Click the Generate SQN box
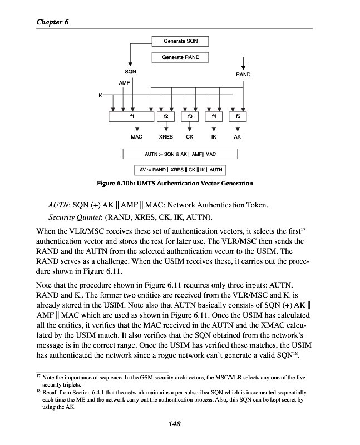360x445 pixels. [180, 41]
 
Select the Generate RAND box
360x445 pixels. [180, 57]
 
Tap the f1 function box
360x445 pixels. [131, 117]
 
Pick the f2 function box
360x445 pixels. [166, 117]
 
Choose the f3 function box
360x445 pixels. [190, 117]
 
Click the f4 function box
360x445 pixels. [214, 117]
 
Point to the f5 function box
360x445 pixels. [238, 117]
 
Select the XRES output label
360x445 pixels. [166, 136]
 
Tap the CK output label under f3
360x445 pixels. [190, 136]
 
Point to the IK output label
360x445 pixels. [214, 136]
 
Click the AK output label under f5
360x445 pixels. [238, 136]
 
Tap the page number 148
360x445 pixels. [175, 424]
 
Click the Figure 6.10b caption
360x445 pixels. [180, 183]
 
